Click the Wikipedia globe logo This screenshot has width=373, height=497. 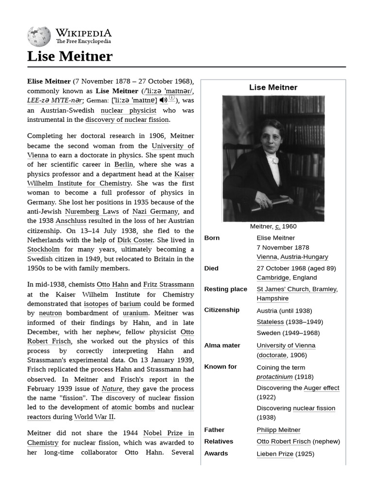pyautogui.click(x=39, y=36)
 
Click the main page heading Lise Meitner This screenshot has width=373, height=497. pyautogui.click(x=69, y=56)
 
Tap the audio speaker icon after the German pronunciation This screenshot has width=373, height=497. pyautogui.click(x=163, y=100)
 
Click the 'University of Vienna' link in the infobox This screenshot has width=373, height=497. pyautogui.click(x=286, y=346)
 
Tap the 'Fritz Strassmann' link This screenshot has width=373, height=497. pyautogui.click(x=168, y=284)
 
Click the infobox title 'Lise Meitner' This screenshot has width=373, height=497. pyautogui.click(x=273, y=87)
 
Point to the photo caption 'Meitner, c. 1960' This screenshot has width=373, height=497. pyautogui.click(x=273, y=226)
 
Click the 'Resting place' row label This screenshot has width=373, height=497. pyautogui.click(x=225, y=289)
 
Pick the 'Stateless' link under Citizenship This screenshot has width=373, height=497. pyautogui.click(x=270, y=322)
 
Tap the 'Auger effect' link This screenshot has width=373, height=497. pyautogui.click(x=322, y=388)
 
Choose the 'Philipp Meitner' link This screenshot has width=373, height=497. pyautogui.click(x=278, y=430)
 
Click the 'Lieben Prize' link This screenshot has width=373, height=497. pyautogui.click(x=275, y=454)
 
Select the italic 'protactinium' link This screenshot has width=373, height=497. pyautogui.click(x=274, y=377)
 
